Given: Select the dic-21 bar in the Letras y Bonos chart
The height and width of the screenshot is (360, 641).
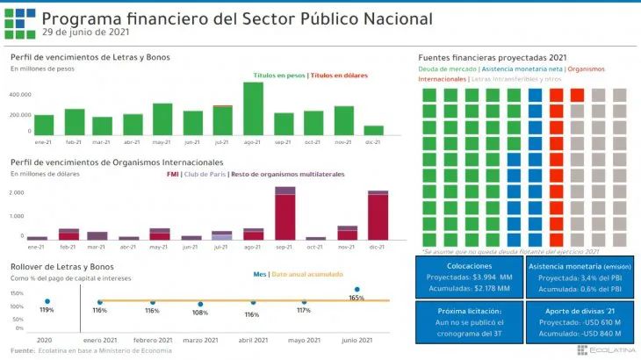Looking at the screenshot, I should [373, 130].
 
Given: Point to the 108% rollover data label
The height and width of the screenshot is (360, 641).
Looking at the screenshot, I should [201, 313].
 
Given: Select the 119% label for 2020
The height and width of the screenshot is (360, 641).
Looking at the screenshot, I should [47, 310].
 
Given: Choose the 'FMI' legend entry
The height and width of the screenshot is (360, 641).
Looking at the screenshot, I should [173, 174].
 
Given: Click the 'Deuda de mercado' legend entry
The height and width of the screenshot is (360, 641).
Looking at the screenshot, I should [448, 68].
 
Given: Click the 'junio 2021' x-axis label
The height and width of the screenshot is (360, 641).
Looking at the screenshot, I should [357, 340].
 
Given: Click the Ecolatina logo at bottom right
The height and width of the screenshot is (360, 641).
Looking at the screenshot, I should [606, 350].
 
